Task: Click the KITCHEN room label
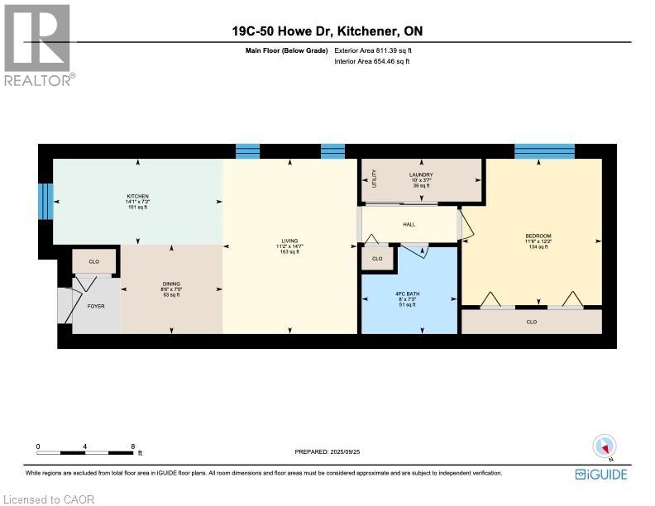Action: tap(137, 196)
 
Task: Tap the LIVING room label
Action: tap(289, 241)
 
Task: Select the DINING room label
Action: tap(171, 284)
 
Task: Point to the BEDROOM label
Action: tap(538, 236)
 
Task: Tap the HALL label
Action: tap(409, 224)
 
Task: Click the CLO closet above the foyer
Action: tap(94, 261)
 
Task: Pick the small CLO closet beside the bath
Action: tap(377, 259)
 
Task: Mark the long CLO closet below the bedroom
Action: tap(531, 322)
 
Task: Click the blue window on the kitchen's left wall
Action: tap(47, 200)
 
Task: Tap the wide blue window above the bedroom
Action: tap(544, 150)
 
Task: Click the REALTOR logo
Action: tap(38, 45)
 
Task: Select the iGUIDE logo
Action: tap(600, 475)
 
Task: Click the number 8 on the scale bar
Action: tap(132, 446)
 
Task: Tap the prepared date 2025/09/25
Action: tap(341, 451)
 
